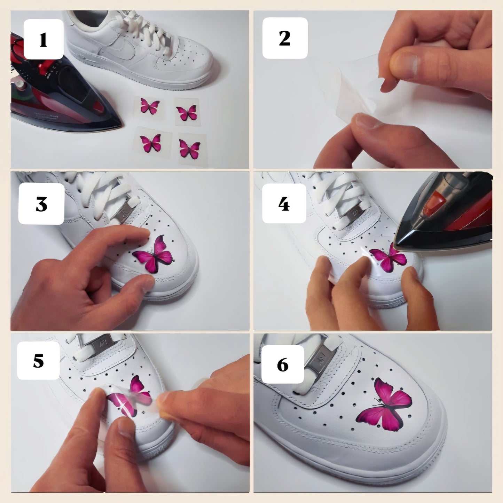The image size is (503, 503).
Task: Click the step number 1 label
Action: click(43, 39)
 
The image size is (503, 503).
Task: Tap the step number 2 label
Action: click(285, 38)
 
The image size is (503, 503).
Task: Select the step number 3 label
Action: click(41, 204)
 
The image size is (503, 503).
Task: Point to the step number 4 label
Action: click(284, 204)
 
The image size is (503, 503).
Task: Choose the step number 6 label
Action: click(283, 364)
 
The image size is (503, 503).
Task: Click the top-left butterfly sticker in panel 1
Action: click(150, 105)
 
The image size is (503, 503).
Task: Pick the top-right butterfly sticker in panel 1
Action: click(187, 113)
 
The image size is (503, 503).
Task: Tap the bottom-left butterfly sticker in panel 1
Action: click(150, 143)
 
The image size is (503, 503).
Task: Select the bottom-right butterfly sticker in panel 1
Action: click(189, 148)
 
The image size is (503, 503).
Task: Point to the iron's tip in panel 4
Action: click(397, 246)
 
